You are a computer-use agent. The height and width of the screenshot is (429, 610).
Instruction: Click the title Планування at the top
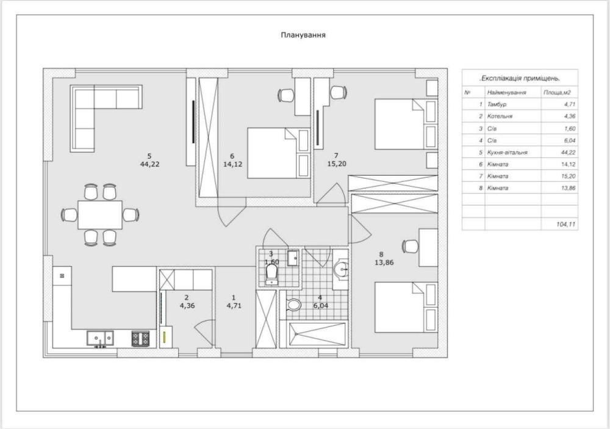click(303, 35)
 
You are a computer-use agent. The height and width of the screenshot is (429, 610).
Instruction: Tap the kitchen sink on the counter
click(101, 338)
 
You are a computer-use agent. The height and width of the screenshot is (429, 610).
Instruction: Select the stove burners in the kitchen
click(140, 338)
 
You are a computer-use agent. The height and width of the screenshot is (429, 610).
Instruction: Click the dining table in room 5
click(100, 215)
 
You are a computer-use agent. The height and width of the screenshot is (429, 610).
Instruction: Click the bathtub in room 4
click(317, 334)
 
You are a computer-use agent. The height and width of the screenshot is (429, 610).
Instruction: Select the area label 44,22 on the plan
click(150, 164)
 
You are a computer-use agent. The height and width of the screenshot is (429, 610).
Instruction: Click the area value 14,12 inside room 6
click(232, 164)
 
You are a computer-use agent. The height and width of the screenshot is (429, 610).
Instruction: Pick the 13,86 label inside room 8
click(384, 262)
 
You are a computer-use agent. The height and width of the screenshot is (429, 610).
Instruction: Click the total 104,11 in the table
click(565, 224)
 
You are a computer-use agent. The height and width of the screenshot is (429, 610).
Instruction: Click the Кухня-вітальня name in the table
click(508, 152)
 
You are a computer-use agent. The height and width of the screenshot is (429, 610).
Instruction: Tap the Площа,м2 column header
click(557, 93)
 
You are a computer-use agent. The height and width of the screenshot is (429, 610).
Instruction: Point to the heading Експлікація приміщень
click(520, 78)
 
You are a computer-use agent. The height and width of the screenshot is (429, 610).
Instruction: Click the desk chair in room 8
click(410, 246)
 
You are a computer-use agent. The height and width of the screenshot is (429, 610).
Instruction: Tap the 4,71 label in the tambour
click(234, 306)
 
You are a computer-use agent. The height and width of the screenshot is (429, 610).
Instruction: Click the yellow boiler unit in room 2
click(165, 336)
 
